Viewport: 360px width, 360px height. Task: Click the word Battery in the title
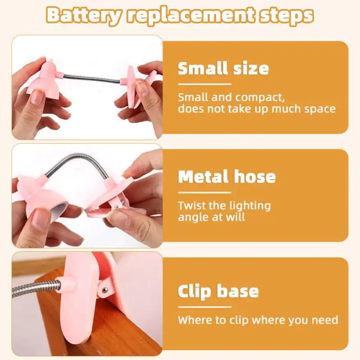point(83,15)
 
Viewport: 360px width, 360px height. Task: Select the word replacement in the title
point(191,16)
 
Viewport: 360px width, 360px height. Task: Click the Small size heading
point(223,68)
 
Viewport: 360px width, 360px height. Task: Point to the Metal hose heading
point(227,176)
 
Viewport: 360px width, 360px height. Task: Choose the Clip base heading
point(218,291)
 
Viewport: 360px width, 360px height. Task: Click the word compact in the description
point(260,98)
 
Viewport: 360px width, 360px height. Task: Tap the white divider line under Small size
point(205,84)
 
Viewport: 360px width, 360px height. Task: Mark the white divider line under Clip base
point(205,307)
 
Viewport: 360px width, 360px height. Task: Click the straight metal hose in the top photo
point(92,78)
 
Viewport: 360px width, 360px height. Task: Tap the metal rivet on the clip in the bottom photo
point(105,290)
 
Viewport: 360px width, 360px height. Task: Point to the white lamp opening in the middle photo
point(59,210)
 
